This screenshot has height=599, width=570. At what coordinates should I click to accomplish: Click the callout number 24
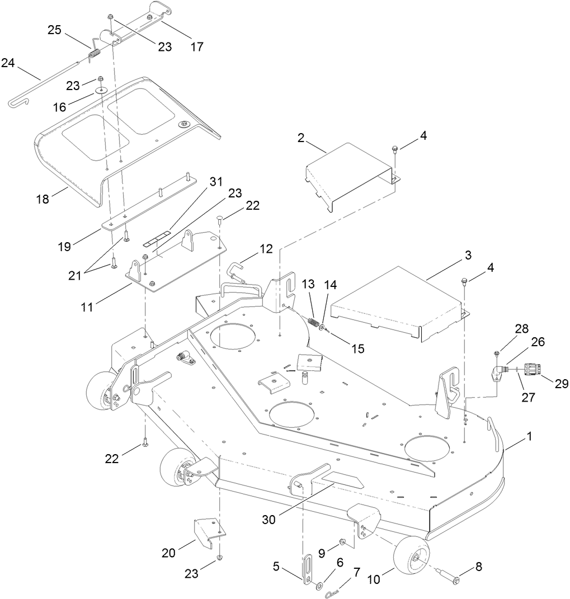pos(8,63)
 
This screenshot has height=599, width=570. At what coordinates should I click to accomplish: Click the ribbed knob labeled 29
pos(532,370)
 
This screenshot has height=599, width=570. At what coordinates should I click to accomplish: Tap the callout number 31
pos(216,182)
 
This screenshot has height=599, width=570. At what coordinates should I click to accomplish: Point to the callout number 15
pos(358,348)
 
